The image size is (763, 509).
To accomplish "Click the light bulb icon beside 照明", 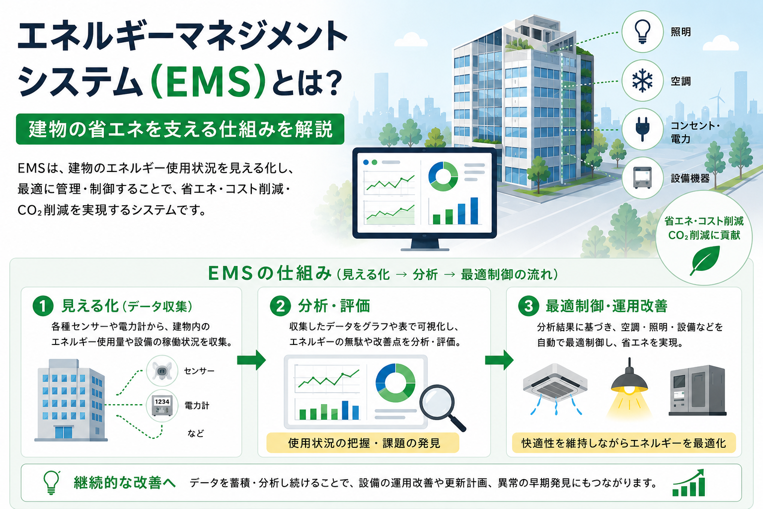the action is point(642,32).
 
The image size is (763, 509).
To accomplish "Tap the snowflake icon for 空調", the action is point(642,81).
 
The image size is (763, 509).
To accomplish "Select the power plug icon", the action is point(642,129).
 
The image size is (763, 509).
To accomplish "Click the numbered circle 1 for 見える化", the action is point(43,306).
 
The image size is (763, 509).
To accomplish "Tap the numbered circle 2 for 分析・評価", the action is point(280,306).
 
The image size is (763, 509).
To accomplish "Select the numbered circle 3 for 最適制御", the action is point(529,306).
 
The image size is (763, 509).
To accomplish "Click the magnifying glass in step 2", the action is point(442,408).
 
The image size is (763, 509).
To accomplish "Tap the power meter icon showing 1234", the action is point(162,406).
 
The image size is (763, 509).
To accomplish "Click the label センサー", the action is point(199,371).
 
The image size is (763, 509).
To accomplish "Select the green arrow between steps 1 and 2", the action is point(251,360).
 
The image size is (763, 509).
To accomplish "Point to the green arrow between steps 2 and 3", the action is point(499,360).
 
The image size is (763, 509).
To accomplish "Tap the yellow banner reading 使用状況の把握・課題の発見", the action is point(363,443).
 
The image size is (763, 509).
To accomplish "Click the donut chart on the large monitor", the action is point(443,176).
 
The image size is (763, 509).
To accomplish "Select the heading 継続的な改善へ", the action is point(125,483).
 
